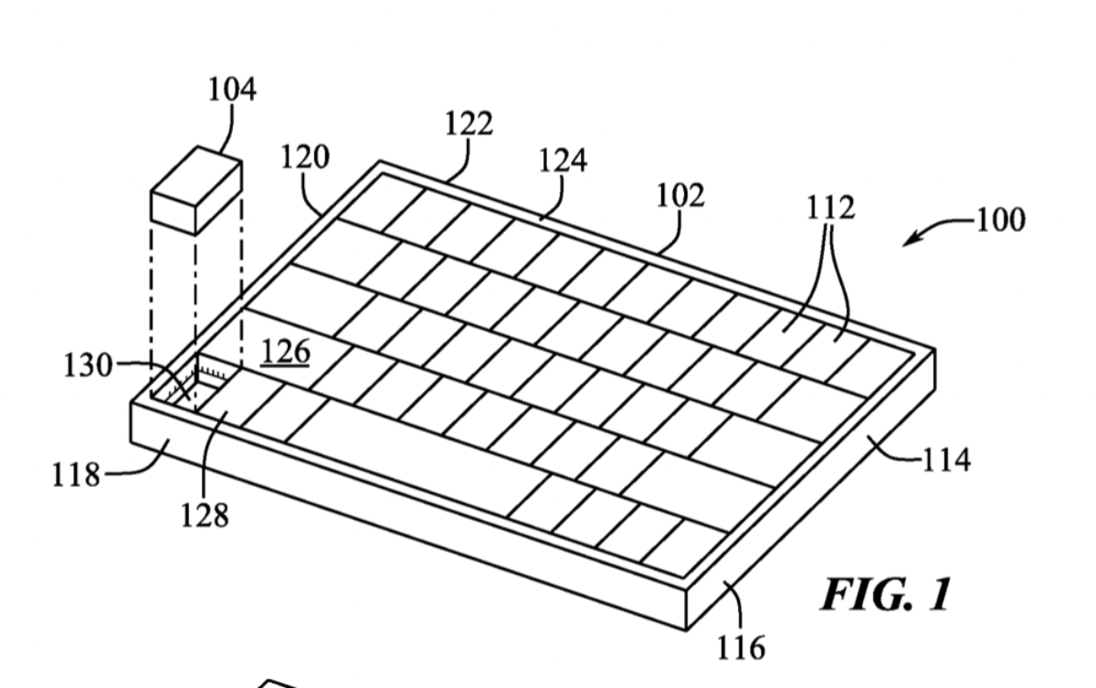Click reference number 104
click(x=232, y=90)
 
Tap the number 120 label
click(x=305, y=158)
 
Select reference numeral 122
click(x=469, y=123)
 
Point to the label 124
click(x=563, y=161)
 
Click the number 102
click(x=680, y=196)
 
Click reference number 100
click(x=1001, y=220)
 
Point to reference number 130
click(x=88, y=366)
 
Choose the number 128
click(x=205, y=516)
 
